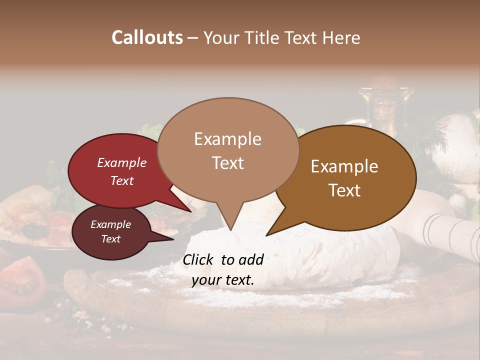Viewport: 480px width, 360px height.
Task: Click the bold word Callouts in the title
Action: coord(147,37)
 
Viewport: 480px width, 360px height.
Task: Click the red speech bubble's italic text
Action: coord(122,171)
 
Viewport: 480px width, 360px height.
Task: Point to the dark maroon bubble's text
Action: coord(110,231)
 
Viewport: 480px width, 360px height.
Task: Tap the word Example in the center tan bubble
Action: coord(227,138)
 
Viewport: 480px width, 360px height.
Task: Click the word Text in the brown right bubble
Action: coord(345,190)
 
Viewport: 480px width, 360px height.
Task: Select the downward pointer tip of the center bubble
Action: coord(230,228)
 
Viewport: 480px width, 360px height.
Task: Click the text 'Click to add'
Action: coord(223,259)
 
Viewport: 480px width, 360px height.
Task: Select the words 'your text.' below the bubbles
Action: coord(223,280)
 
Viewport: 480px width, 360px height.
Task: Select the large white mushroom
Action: coord(455,150)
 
